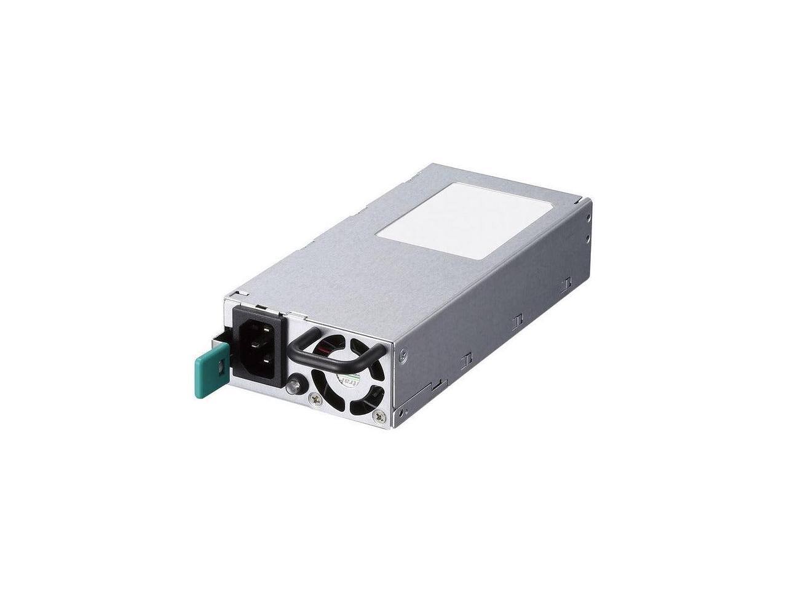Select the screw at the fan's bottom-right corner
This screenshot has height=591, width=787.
pos(383,418)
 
